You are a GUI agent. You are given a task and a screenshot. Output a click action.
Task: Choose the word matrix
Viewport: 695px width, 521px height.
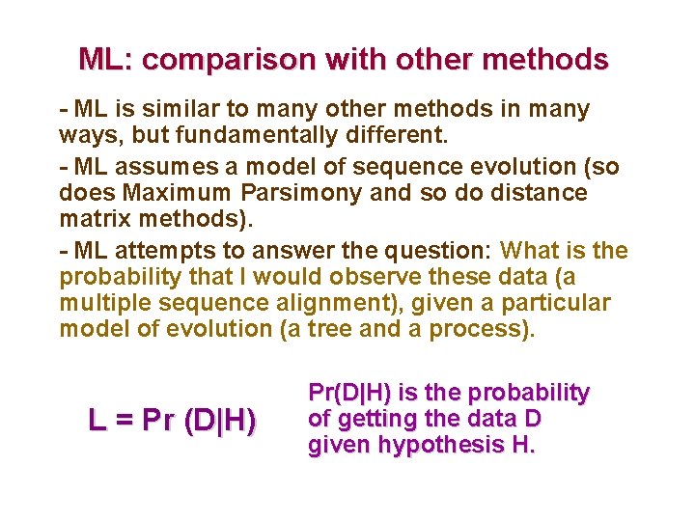(94, 219)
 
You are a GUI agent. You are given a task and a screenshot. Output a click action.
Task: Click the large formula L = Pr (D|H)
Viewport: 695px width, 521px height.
(172, 421)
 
